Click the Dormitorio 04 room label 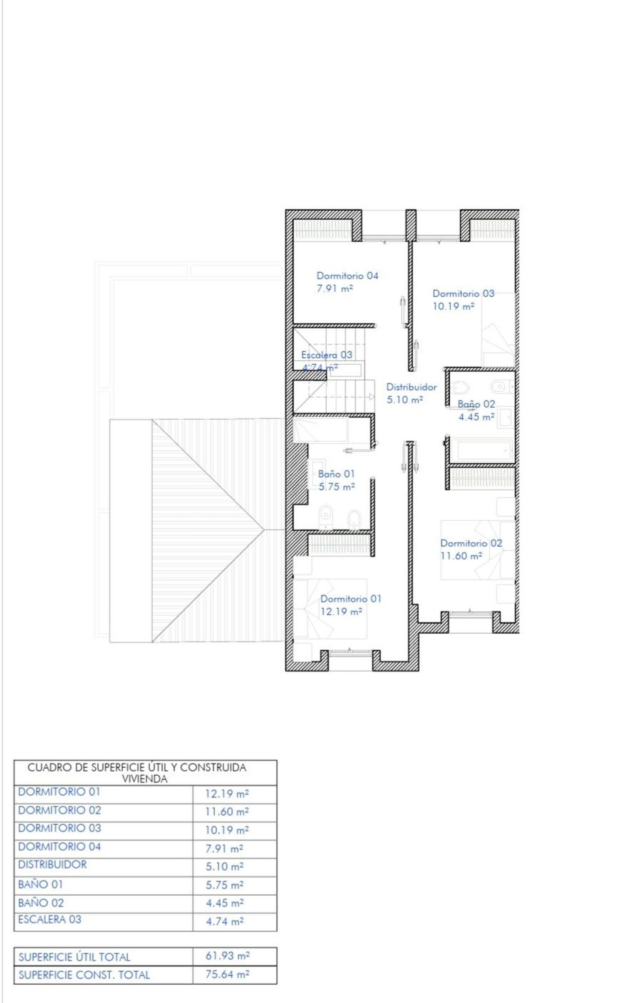347,276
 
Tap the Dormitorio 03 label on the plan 463,294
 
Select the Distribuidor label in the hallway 411,387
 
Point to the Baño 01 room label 336,474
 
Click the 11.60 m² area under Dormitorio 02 462,556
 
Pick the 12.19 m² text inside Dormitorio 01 341,612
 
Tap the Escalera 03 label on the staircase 327,355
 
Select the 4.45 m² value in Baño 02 477,417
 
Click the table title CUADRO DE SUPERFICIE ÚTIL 137,767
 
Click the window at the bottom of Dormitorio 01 350,652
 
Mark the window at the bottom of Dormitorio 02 470,613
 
